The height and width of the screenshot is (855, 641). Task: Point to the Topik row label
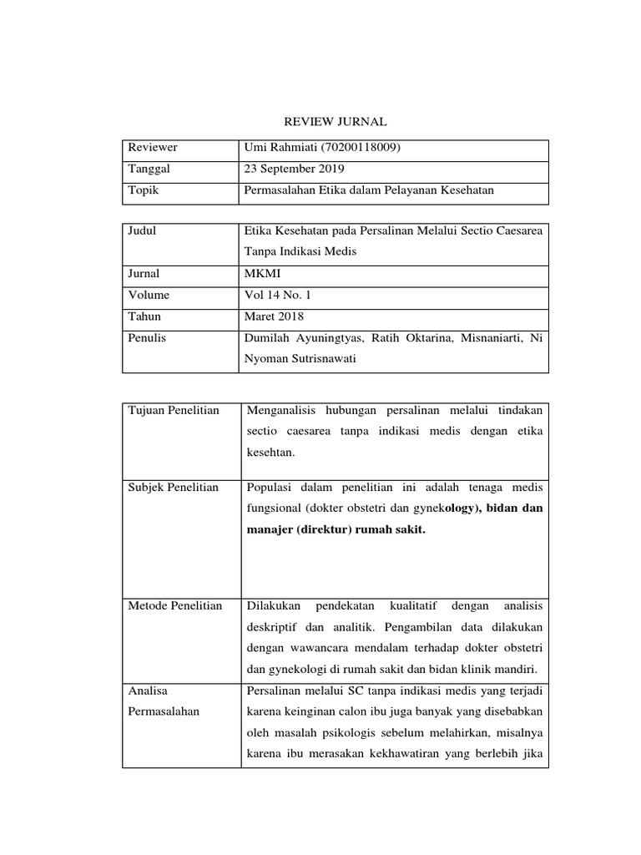(x=143, y=190)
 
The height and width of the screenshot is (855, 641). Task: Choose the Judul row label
(x=142, y=230)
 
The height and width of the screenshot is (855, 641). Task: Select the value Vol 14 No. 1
(x=276, y=295)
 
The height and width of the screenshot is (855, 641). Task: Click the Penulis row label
(x=147, y=338)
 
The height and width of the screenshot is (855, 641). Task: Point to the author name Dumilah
(x=268, y=338)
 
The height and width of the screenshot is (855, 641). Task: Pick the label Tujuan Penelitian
(x=174, y=410)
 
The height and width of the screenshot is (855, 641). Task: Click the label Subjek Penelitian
(x=174, y=487)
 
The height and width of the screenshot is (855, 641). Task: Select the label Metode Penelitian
(x=175, y=605)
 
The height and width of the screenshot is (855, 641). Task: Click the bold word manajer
(x=266, y=529)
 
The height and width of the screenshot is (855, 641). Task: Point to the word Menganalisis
(x=287, y=410)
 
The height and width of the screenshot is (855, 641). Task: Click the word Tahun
(x=144, y=316)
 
